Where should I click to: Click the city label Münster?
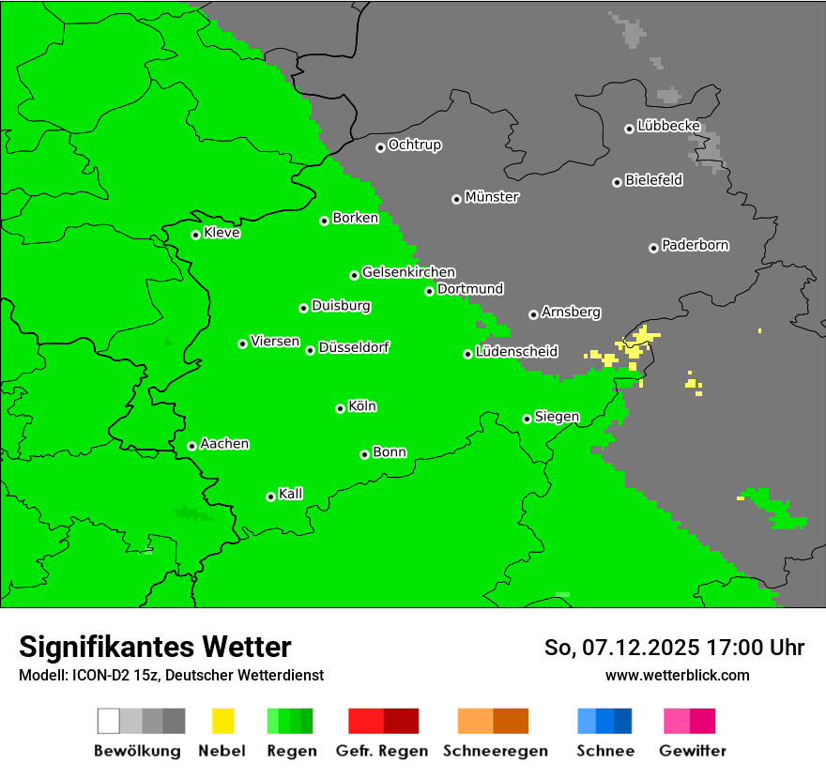(x=491, y=197)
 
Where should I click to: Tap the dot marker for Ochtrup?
(x=380, y=146)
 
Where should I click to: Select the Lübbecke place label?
(x=668, y=125)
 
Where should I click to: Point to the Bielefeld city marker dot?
(x=617, y=182)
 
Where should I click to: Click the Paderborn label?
(x=695, y=245)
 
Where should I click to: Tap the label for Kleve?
(x=222, y=233)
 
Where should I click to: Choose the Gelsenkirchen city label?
(x=408, y=272)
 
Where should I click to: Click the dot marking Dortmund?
(x=429, y=291)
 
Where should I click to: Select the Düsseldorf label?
(x=353, y=347)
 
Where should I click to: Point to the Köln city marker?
(x=340, y=408)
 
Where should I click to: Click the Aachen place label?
(x=224, y=444)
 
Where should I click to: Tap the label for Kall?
(x=290, y=494)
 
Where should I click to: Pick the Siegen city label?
(x=557, y=417)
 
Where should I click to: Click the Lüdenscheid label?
(x=516, y=352)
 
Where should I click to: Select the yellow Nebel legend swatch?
(x=222, y=721)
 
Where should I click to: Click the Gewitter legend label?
(x=692, y=751)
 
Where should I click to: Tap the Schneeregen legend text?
(x=495, y=751)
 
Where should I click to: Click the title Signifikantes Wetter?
(x=155, y=647)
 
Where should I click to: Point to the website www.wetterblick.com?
(x=677, y=675)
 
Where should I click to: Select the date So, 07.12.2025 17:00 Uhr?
(x=674, y=648)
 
